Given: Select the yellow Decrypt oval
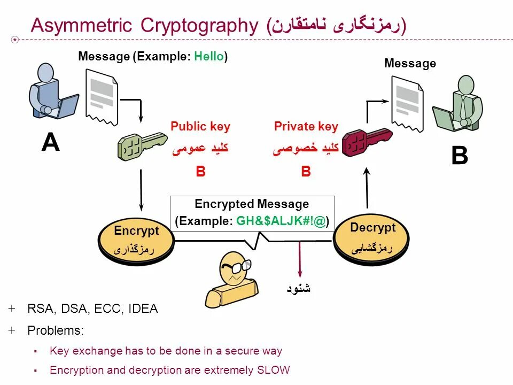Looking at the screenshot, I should (x=372, y=237).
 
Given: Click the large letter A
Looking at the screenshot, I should (x=50, y=143).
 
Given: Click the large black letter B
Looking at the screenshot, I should (x=459, y=157).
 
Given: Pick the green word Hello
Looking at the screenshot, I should (x=209, y=56).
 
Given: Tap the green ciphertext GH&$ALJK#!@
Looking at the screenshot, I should (x=281, y=221).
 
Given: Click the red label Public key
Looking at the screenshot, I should (x=200, y=127).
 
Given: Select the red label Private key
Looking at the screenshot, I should (x=306, y=127).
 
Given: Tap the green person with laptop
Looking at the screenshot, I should (x=461, y=104).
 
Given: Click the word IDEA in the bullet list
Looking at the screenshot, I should (x=143, y=309).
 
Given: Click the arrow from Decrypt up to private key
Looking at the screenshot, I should (x=367, y=187).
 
